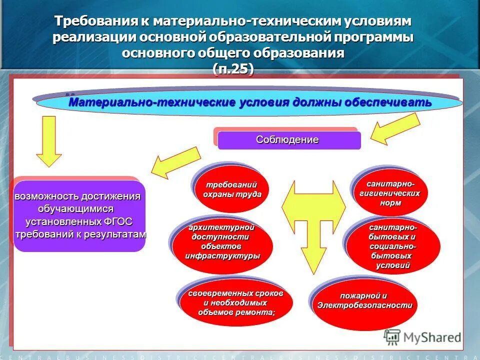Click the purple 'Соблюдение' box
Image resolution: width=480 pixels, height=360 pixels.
[289, 140]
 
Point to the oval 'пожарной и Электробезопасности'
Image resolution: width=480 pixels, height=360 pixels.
[364, 301]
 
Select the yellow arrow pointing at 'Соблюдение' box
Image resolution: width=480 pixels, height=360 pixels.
[395, 128]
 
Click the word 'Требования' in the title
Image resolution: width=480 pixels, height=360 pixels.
[95, 22]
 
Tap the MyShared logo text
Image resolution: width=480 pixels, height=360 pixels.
[433, 337]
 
